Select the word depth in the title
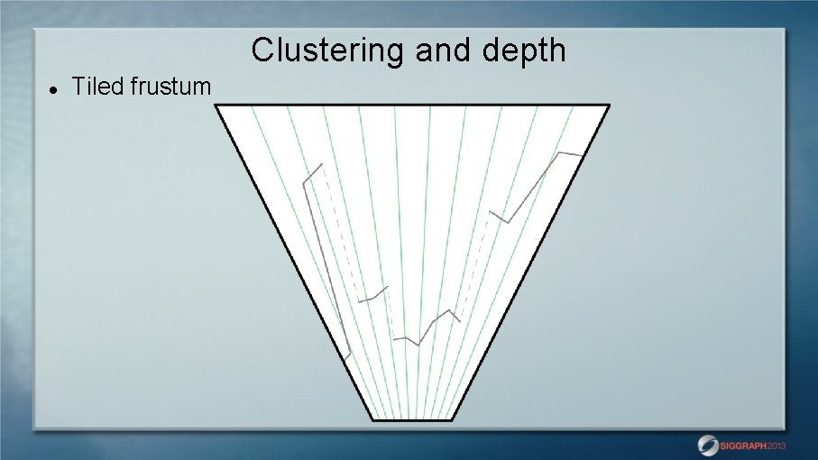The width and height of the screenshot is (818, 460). (x=524, y=51)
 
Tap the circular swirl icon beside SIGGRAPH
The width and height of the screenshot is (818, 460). (x=708, y=445)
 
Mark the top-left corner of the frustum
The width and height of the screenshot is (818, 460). (x=216, y=106)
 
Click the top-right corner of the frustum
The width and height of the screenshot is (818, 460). (x=609, y=106)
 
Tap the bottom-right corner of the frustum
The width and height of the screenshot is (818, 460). (x=452, y=419)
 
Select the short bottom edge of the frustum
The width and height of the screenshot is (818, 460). (x=412, y=419)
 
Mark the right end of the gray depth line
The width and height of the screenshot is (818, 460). (x=581, y=155)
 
